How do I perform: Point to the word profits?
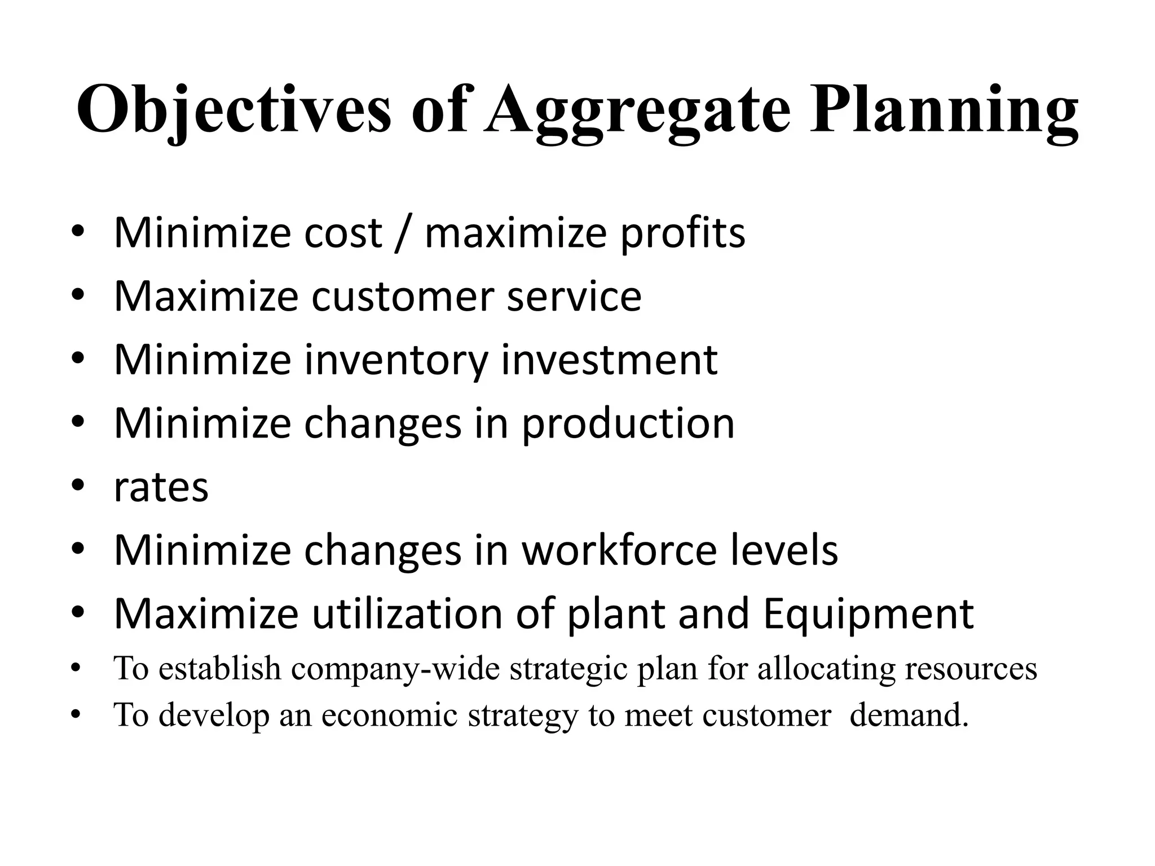pyautogui.click(x=682, y=233)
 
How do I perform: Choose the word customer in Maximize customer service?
pyautogui.click(x=403, y=297)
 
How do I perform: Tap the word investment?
pyautogui.click(x=609, y=360)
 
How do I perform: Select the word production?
pyautogui.click(x=628, y=423)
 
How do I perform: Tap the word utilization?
pyautogui.click(x=407, y=614)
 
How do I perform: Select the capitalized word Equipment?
pyautogui.click(x=869, y=614)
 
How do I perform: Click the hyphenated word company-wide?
pyautogui.click(x=395, y=669)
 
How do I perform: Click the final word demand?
pyautogui.click(x=909, y=715)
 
